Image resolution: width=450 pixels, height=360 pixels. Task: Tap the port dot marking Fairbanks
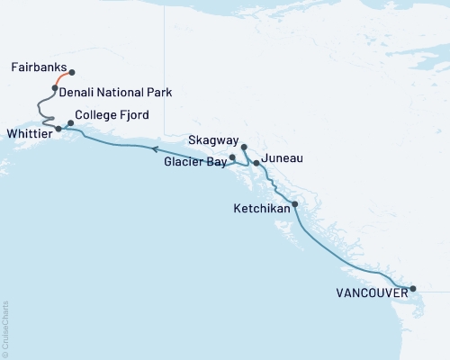[x=72, y=73]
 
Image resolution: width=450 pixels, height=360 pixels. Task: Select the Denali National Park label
[x=115, y=92]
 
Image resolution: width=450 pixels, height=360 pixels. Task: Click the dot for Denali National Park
[x=55, y=88]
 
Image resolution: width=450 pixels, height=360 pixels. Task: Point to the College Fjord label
[x=112, y=115]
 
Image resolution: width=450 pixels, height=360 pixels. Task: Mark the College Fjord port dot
[x=71, y=123]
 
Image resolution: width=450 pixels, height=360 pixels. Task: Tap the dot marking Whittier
[x=58, y=129]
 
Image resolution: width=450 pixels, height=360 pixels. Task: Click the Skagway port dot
[x=244, y=147]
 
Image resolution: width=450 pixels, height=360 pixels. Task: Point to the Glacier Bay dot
[x=232, y=157]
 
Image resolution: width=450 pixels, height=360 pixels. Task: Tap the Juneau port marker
[x=256, y=164]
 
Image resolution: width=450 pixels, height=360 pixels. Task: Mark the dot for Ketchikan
[x=295, y=204]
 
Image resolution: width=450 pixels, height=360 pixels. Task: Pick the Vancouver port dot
[x=413, y=289]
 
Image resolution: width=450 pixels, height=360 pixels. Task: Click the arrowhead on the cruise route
[x=153, y=150]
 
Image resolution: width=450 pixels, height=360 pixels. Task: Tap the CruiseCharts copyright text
[x=5, y=328]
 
